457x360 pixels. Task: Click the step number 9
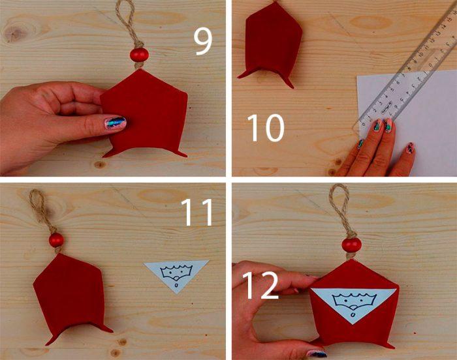(x=203, y=42)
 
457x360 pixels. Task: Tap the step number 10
(x=266, y=128)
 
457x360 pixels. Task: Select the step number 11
(x=197, y=213)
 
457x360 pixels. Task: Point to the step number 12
(x=260, y=285)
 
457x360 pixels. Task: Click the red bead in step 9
(x=139, y=55)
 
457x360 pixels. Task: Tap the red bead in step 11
(x=56, y=240)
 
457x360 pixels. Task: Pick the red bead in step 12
(x=351, y=245)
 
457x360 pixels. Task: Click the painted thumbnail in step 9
(x=115, y=123)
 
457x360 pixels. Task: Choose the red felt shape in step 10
(x=270, y=44)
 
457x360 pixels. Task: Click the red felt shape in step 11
(x=70, y=297)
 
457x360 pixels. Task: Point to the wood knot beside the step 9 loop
(x=13, y=33)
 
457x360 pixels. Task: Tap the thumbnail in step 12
(x=318, y=353)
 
